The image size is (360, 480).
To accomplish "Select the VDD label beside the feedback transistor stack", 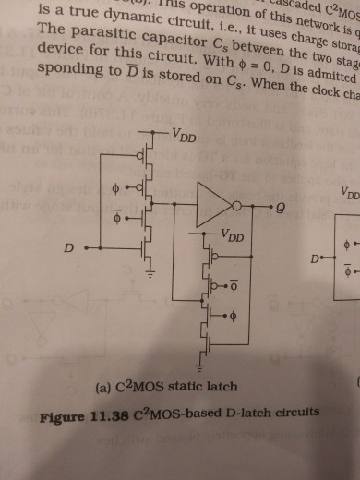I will [x=233, y=237].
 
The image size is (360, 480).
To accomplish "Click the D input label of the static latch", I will [x=66, y=248].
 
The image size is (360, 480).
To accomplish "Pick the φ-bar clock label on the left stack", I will [x=114, y=219].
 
